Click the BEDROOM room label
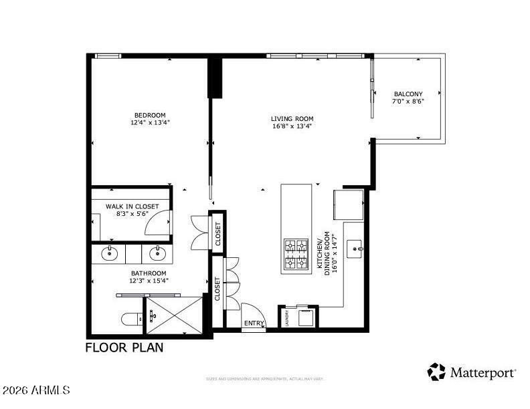tap(149, 115)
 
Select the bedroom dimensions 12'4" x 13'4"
tap(149, 122)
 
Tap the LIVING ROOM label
tap(292, 119)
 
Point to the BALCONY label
tap(408, 94)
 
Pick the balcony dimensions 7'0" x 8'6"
tap(408, 102)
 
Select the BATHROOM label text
tap(148, 273)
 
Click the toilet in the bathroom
tap(131, 319)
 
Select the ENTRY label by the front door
tap(254, 323)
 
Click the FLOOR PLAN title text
tap(124, 348)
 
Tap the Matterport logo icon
tap(436, 371)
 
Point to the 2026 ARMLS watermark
tap(36, 389)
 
